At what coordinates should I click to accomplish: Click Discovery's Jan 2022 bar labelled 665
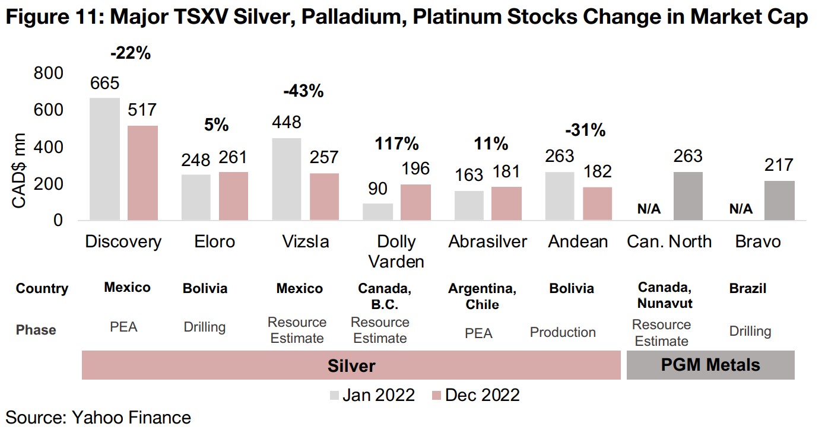[x=104, y=159]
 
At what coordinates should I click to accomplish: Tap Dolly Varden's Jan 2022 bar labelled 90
[x=377, y=212]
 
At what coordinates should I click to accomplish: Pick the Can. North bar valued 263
[x=688, y=196]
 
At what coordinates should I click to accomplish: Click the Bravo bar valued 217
[x=779, y=200]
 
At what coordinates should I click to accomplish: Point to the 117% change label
[x=396, y=144]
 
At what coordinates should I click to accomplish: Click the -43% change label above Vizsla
[x=303, y=91]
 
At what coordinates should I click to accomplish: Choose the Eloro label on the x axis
[x=215, y=242]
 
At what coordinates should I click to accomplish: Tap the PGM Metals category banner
[x=710, y=365]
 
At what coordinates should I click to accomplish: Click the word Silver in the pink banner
[x=351, y=365]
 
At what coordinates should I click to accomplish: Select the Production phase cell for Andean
[x=563, y=332]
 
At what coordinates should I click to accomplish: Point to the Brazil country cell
[x=747, y=289]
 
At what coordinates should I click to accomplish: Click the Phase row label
[x=36, y=330]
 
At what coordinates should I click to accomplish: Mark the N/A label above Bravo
[x=741, y=209]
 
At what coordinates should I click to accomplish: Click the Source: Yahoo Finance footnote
[x=99, y=418]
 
